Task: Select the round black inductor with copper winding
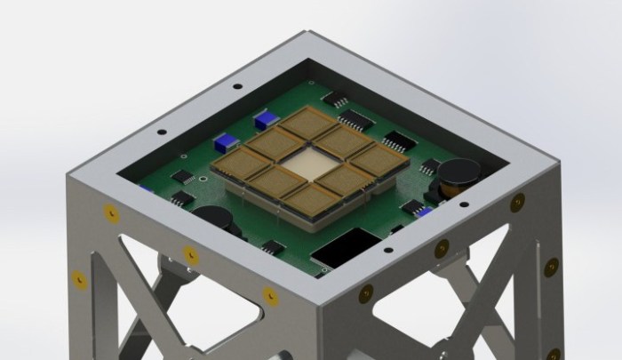coord(460,174)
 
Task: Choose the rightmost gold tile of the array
coord(385,160)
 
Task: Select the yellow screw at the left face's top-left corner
coord(110,213)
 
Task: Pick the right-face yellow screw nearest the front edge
coord(364,290)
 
